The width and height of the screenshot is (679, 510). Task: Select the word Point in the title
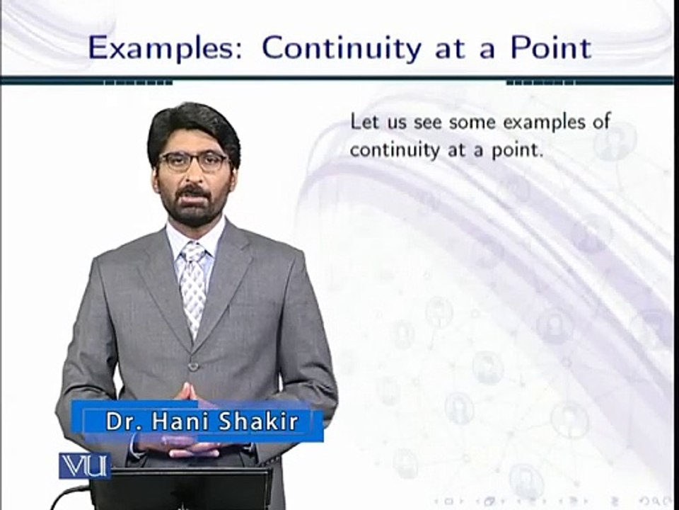(x=545, y=48)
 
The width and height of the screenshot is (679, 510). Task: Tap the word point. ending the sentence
(x=518, y=151)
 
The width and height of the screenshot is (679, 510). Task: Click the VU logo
(x=83, y=465)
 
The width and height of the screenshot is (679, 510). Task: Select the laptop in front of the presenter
(x=180, y=489)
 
